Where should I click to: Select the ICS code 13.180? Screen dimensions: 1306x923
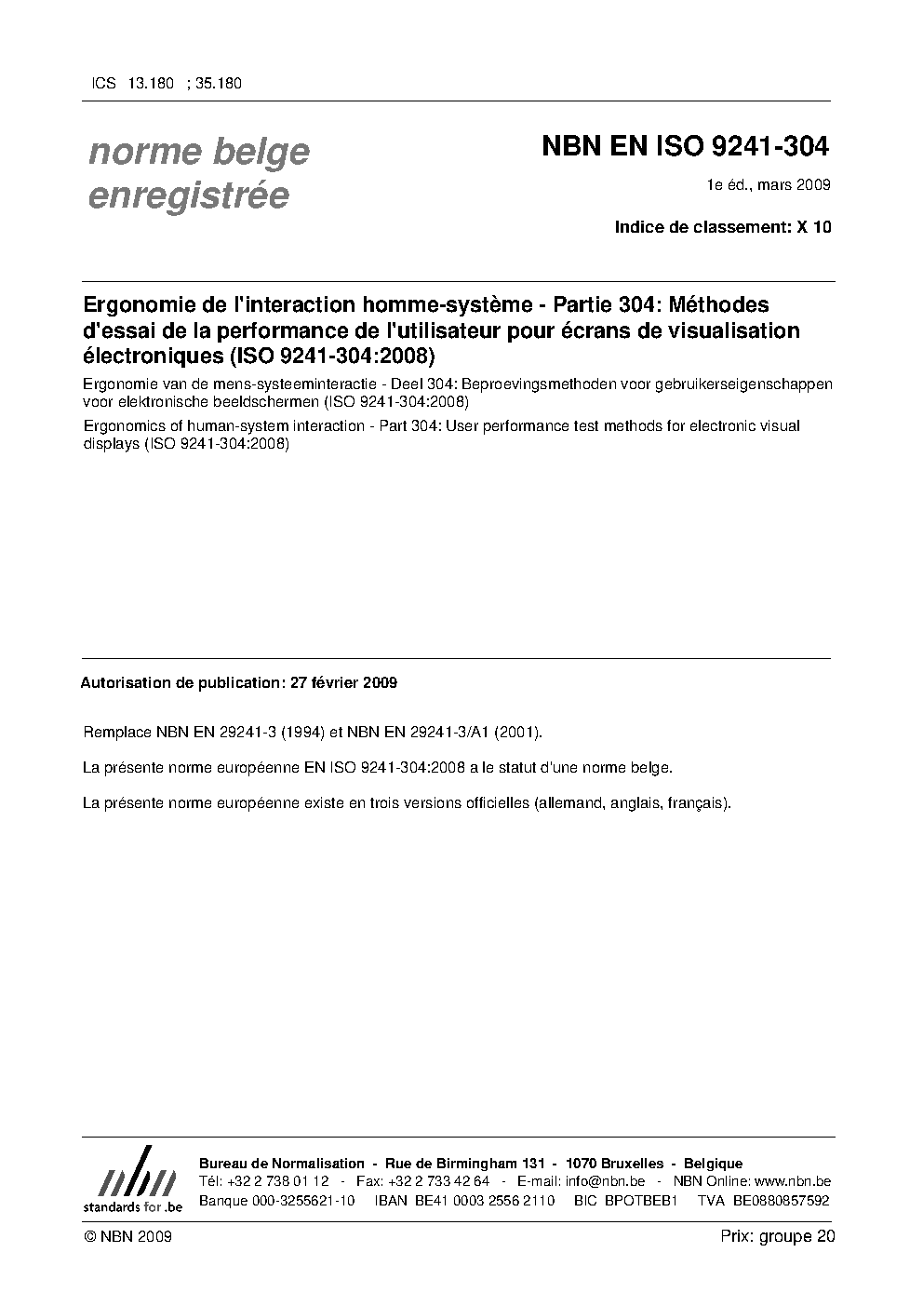point(151,83)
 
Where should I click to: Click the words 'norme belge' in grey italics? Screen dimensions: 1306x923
point(198,152)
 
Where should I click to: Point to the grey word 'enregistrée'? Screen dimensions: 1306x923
point(188,196)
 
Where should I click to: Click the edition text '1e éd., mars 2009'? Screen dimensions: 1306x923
point(769,185)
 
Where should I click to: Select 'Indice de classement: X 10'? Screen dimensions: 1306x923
point(722,226)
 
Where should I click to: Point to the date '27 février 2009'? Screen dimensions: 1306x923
point(343,682)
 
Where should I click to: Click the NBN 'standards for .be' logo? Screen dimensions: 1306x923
point(132,1179)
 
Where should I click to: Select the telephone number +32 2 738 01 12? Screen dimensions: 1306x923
point(277,1181)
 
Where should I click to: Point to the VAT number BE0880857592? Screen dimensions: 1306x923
point(781,1201)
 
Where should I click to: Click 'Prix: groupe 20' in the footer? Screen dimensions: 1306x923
point(777,1236)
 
